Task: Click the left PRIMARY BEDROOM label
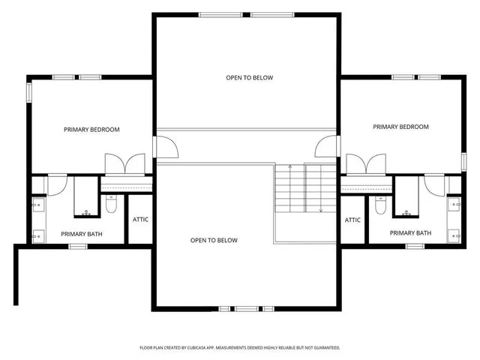[91, 130]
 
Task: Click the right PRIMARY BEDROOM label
[400, 127]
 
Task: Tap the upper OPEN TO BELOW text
[250, 78]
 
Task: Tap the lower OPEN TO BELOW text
[214, 240]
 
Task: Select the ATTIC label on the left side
[140, 220]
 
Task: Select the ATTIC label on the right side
[353, 220]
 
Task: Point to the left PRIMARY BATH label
[82, 234]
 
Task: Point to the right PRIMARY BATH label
[410, 233]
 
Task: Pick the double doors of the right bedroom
[366, 164]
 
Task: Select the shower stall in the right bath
[406, 197]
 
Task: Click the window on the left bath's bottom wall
[78, 246]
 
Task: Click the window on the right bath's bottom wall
[415, 246]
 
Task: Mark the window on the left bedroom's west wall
[29, 91]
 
